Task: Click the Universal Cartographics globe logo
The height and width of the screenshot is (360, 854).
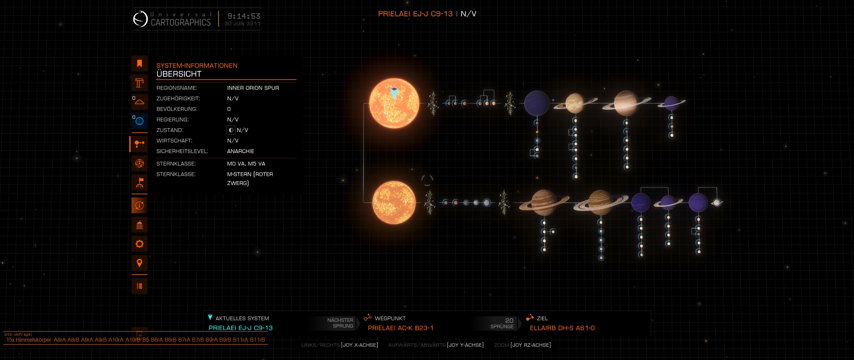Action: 140,19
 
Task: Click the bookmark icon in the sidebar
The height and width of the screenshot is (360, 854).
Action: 139,63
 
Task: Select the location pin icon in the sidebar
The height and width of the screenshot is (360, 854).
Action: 139,263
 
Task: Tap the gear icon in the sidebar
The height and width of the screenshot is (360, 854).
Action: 139,244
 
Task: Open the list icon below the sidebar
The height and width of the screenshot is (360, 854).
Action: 139,286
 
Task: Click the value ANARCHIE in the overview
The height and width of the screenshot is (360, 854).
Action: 241,151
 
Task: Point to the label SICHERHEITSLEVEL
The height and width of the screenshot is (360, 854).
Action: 182,151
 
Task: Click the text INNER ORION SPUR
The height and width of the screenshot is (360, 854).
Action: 253,88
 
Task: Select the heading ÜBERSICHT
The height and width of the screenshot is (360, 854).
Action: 179,74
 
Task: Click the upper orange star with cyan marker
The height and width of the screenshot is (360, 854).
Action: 394,103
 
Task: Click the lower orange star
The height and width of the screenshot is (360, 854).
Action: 394,203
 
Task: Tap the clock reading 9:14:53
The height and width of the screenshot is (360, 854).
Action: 244,16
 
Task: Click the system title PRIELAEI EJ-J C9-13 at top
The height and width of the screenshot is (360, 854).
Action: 415,14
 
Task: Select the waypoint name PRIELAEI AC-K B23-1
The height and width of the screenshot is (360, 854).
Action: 400,328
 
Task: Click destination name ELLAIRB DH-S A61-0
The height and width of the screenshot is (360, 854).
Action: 562,328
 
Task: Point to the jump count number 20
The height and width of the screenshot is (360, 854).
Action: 509,320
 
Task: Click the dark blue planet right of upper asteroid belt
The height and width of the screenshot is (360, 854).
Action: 537,103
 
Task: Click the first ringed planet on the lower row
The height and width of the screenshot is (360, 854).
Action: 544,203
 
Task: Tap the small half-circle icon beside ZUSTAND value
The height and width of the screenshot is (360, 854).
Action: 231,130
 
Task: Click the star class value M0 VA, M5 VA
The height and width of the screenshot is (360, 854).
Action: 246,163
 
